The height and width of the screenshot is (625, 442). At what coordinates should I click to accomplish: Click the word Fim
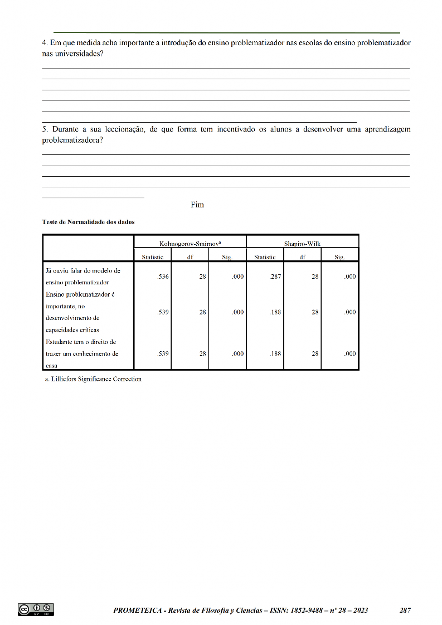click(x=197, y=205)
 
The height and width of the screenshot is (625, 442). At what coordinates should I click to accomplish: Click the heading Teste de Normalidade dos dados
click(x=88, y=222)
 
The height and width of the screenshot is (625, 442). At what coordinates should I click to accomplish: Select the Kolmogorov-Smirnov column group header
click(x=190, y=243)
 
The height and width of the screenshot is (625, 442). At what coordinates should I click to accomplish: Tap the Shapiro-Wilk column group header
click(x=302, y=243)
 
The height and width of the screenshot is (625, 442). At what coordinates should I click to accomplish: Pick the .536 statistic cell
click(x=163, y=277)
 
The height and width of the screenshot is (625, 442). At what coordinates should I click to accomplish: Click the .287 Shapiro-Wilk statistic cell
click(x=275, y=277)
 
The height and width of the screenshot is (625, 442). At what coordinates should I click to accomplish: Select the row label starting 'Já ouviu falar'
click(x=82, y=276)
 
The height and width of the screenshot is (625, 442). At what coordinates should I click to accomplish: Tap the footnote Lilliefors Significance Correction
click(x=93, y=379)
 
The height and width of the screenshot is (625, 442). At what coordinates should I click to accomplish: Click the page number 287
click(x=405, y=611)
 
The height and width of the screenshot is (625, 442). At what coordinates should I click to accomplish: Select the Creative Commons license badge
click(x=36, y=610)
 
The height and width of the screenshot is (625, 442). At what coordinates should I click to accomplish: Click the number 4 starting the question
click(x=45, y=42)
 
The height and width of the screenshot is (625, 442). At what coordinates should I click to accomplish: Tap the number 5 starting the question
click(x=45, y=129)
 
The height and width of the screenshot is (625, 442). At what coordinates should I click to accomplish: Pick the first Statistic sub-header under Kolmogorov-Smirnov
click(x=152, y=257)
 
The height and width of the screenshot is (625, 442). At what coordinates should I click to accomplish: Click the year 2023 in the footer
click(x=359, y=611)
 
